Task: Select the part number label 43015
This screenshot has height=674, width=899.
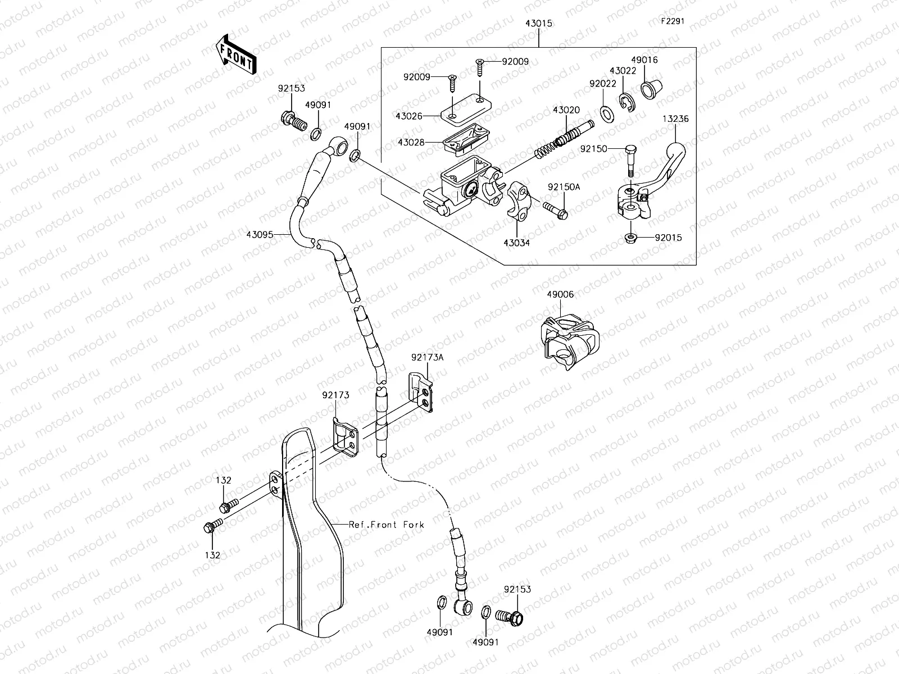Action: coord(538,24)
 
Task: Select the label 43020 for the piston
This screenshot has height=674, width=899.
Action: coord(566,110)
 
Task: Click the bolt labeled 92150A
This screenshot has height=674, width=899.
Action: coord(556,211)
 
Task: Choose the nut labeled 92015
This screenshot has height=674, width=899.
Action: coord(630,238)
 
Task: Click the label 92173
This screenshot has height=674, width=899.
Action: coord(335,395)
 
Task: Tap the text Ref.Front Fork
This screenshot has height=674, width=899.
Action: coord(386,525)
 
